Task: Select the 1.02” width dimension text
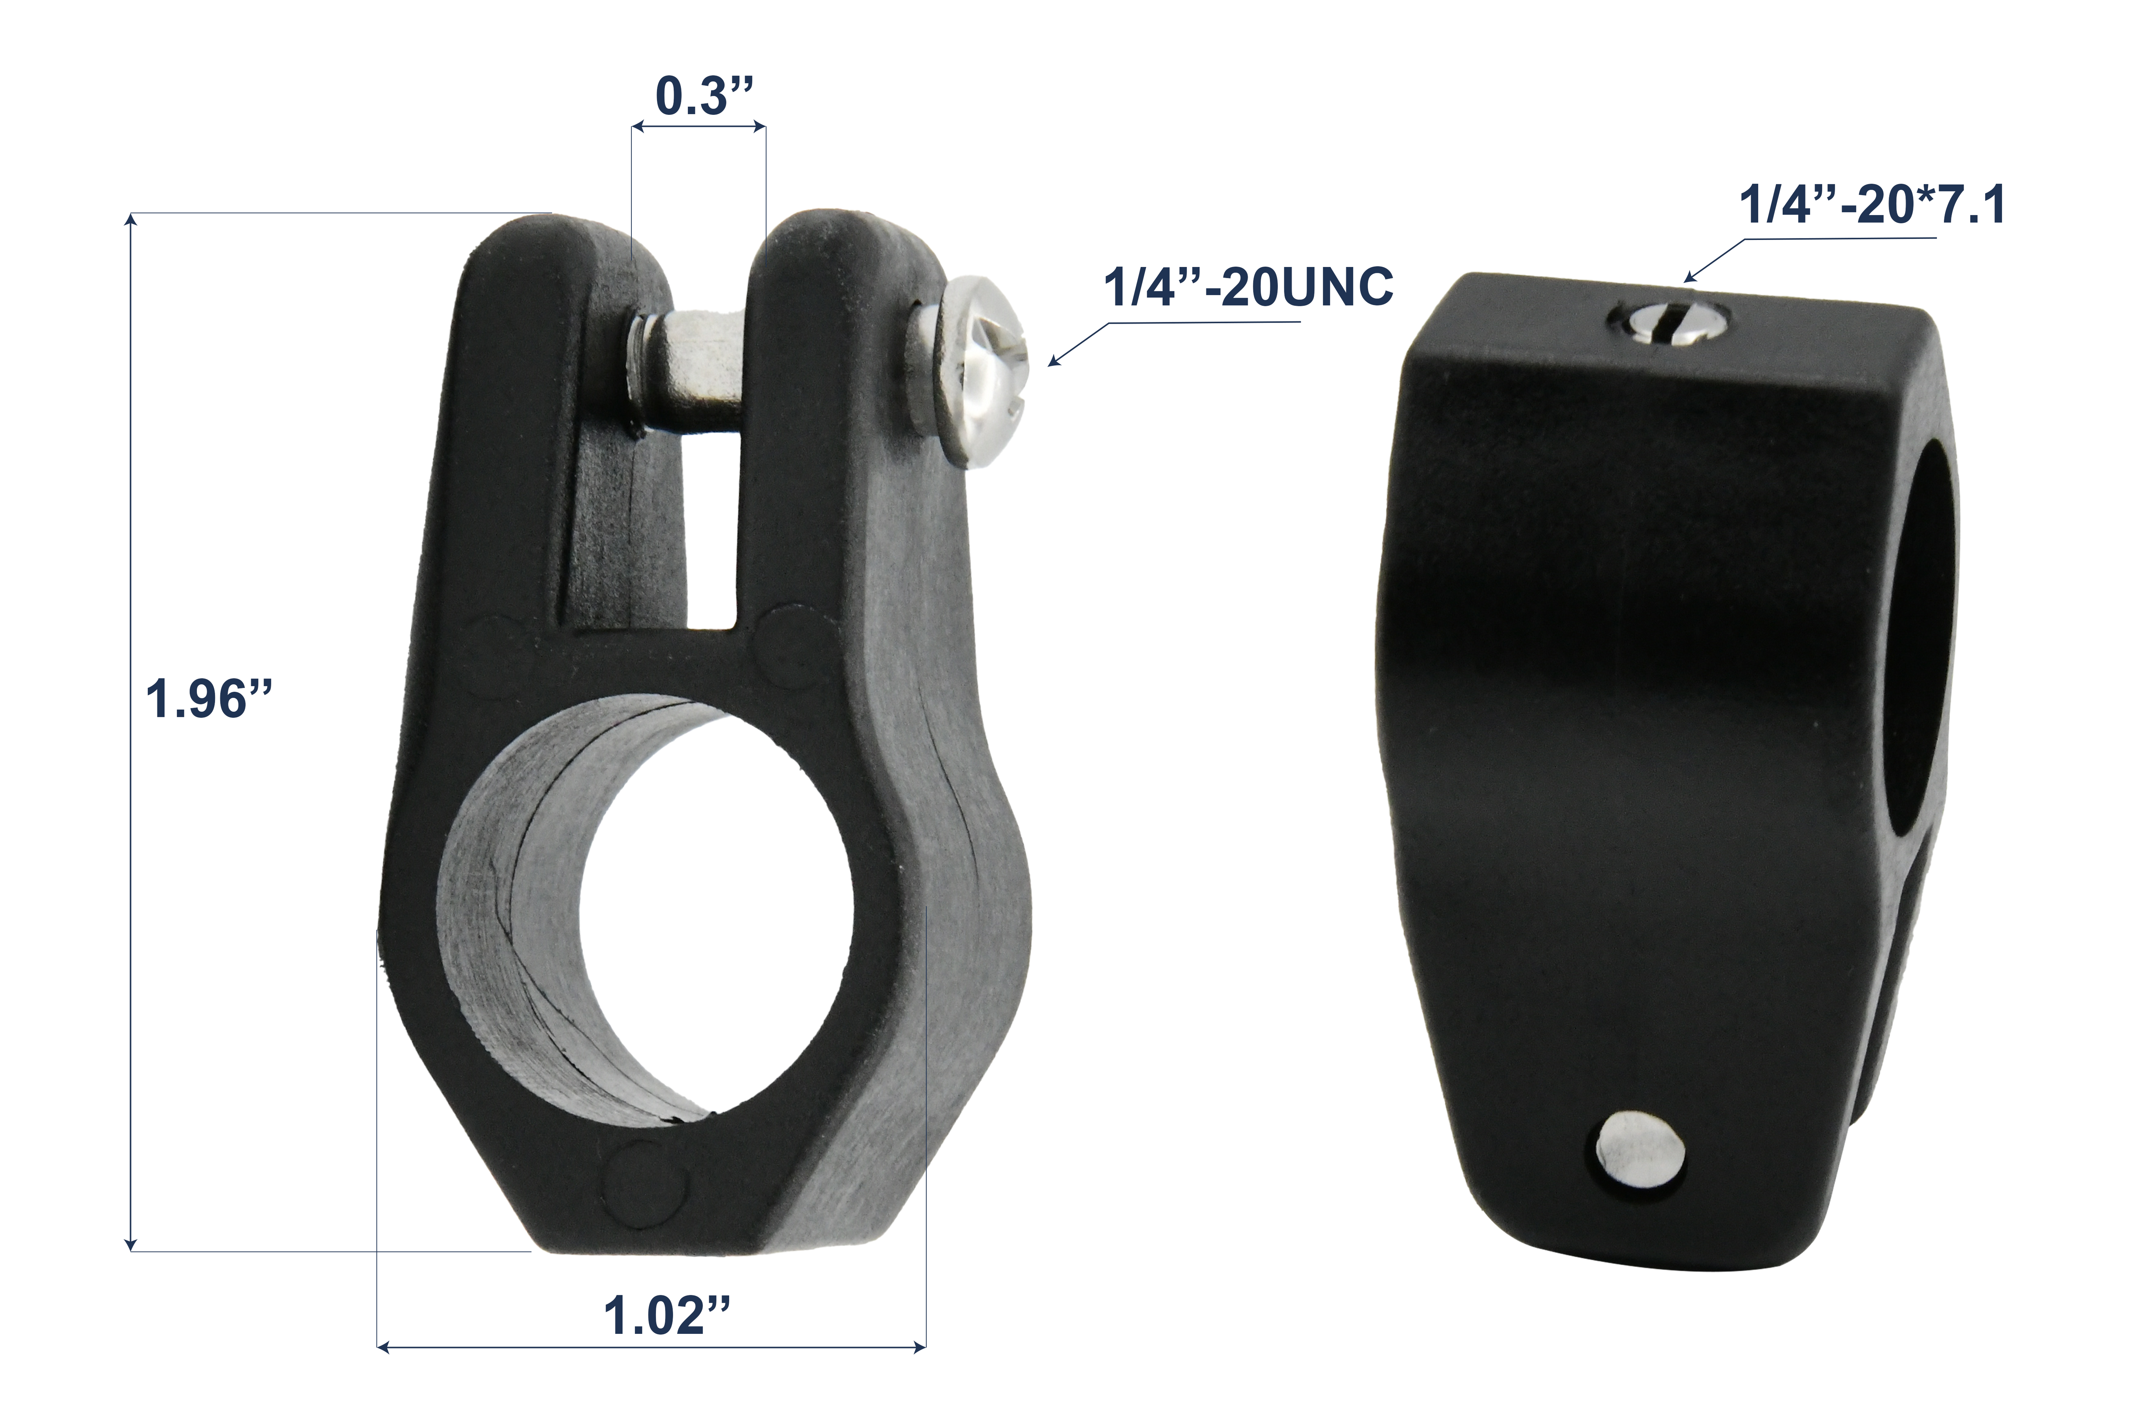[x=666, y=1317]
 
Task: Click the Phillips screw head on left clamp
[x=983, y=372]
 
